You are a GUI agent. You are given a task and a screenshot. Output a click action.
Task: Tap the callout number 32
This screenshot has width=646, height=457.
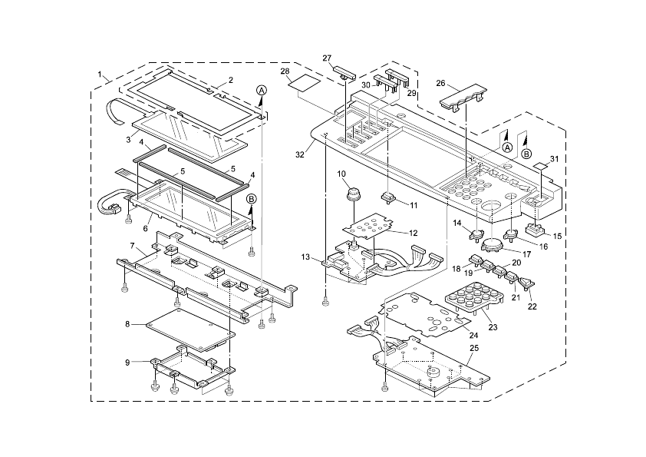[x=300, y=154]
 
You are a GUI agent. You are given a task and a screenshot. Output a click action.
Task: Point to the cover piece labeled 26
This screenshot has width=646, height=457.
[x=463, y=97]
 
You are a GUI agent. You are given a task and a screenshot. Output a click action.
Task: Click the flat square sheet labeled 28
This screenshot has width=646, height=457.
[x=305, y=84]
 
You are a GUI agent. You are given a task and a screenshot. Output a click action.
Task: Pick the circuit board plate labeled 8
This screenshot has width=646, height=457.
[x=190, y=328]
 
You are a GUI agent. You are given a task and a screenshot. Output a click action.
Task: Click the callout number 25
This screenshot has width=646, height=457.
[x=474, y=348]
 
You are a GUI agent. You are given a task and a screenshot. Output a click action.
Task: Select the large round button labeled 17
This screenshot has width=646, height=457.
[x=491, y=244]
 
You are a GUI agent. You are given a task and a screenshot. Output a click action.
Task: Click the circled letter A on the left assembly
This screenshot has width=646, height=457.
[x=262, y=91]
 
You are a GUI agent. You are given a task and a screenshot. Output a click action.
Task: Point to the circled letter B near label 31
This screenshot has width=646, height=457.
[x=526, y=154]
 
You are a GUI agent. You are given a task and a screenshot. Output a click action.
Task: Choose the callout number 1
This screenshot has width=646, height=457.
[x=99, y=75]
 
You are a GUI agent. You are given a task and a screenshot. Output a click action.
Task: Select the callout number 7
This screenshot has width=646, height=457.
[x=132, y=246]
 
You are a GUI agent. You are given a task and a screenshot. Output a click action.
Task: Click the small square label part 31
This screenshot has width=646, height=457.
[x=540, y=165]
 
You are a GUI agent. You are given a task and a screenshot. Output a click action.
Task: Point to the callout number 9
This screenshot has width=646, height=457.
[x=127, y=363]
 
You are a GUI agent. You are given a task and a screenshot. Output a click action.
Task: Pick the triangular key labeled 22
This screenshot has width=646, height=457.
[x=526, y=283]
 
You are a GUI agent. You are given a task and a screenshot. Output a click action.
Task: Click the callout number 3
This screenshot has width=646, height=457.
[x=128, y=140]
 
